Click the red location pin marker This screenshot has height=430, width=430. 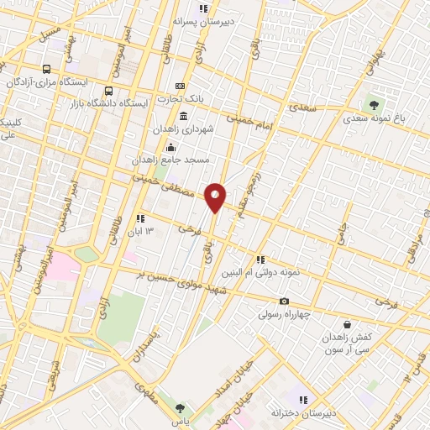click(x=215, y=197)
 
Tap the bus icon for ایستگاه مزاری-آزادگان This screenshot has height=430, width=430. click(x=46, y=70)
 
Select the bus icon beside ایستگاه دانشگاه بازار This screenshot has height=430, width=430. click(x=108, y=91)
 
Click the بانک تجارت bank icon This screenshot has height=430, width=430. click(x=180, y=87)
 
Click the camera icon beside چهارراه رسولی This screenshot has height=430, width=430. click(x=284, y=302)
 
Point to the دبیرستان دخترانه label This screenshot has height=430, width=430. click(x=302, y=413)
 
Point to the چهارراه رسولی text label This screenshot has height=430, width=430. click(x=284, y=315)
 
